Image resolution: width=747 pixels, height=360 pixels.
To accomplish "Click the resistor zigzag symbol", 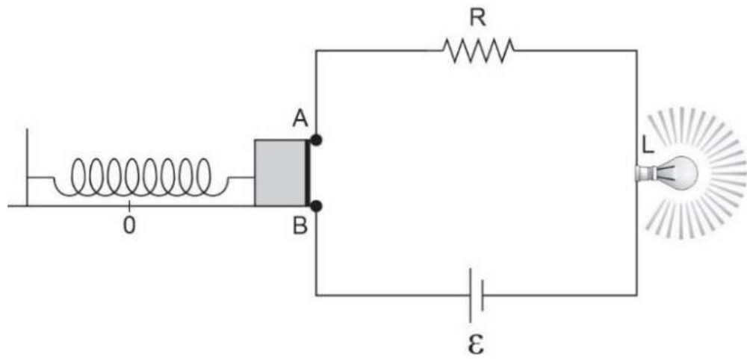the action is pos(479,49).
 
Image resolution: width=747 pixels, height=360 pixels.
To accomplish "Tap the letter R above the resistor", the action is pos(478,17).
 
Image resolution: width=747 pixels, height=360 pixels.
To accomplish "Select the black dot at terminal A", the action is pos(315,140).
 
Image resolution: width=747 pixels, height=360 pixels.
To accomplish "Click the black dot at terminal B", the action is pos(315,206).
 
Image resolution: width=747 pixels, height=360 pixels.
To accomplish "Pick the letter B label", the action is pos(300,226).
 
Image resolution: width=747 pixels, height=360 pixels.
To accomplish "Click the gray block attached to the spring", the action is pos(279,173).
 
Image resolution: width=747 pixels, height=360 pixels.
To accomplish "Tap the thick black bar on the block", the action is pos(307,173).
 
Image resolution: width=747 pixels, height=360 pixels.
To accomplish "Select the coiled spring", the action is pos(141,177).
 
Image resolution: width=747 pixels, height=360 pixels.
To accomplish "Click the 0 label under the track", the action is pos(129,226).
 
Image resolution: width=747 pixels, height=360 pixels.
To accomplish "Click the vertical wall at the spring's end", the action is pos(27,167).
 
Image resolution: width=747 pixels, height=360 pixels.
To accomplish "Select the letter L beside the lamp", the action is pos(648,146).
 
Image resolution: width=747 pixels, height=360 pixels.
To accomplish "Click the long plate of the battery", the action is pos(471,295).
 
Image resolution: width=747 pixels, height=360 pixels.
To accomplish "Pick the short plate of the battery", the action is pos(483,295).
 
